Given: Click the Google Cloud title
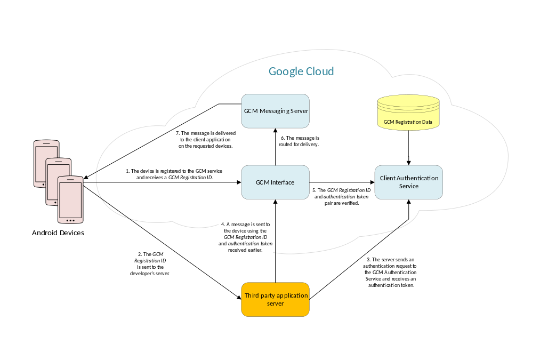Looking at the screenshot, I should tap(301, 71).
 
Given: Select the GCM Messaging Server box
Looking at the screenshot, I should tap(275, 111).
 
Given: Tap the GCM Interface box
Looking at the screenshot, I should tap(275, 182).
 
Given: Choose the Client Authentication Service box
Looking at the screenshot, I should tap(409, 182).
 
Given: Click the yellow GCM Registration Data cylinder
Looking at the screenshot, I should tap(409, 113).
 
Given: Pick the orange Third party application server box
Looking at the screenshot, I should tap(275, 300).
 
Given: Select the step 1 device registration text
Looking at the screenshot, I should tap(174, 174).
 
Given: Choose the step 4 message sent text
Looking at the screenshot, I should tap(246, 237).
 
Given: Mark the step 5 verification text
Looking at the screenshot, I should tap(342, 196).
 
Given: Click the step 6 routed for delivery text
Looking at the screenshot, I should tap(300, 141).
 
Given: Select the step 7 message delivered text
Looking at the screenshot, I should tap(206, 139).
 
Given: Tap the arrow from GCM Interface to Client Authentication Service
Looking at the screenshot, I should tap(342, 182).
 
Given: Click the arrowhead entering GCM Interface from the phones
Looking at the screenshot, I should tap(238, 182).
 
